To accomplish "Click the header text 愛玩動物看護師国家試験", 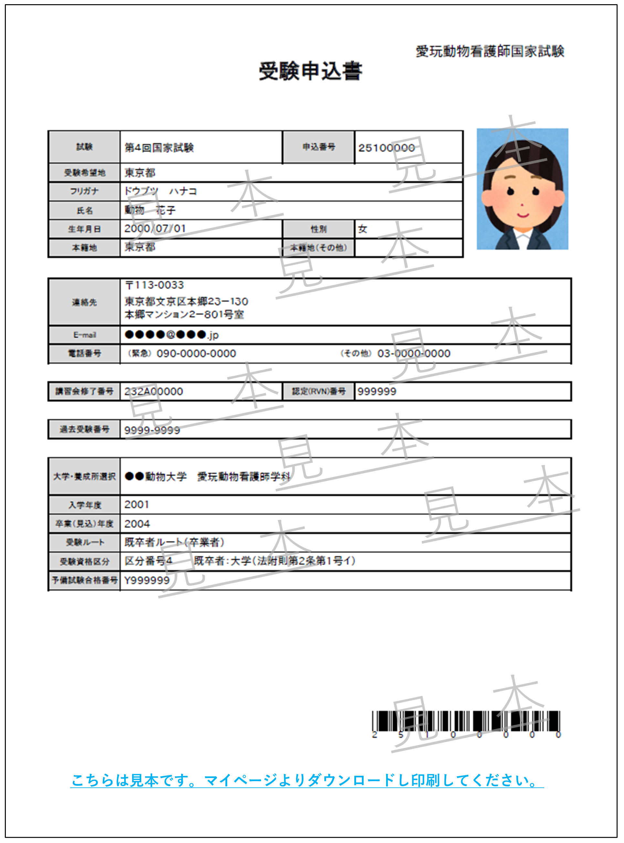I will (490, 51).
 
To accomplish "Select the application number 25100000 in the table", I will (386, 148).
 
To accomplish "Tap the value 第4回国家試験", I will (159, 148).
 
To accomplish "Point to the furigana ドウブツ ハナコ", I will (161, 191).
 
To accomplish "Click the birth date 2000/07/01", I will (155, 229).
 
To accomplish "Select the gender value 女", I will (363, 229).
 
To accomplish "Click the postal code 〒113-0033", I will (154, 285).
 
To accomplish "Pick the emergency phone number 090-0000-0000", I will (196, 354).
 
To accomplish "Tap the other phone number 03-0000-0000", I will (414, 354).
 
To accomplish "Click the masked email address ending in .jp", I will (172, 335).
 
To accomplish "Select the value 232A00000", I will (153, 392).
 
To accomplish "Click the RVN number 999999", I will (376, 392).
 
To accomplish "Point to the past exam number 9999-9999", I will (152, 430).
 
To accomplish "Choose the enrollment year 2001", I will (137, 505).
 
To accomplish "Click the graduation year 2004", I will (137, 524).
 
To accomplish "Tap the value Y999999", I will (147, 580).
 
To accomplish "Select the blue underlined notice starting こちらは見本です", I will (306, 780).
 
